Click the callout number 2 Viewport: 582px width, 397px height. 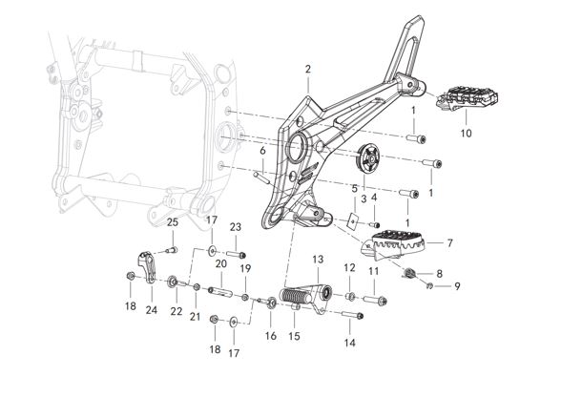click(x=308, y=69)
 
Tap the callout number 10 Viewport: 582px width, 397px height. click(x=466, y=134)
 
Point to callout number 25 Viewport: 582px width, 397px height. click(x=173, y=223)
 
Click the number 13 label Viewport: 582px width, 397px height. click(x=318, y=259)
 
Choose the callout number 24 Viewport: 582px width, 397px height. click(x=151, y=309)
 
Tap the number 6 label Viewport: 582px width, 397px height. click(x=262, y=152)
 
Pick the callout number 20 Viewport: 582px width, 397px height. click(x=219, y=263)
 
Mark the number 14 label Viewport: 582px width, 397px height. click(x=349, y=341)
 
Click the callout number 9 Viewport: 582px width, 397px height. click(x=456, y=286)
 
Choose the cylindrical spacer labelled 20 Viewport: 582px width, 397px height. click(x=218, y=285)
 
